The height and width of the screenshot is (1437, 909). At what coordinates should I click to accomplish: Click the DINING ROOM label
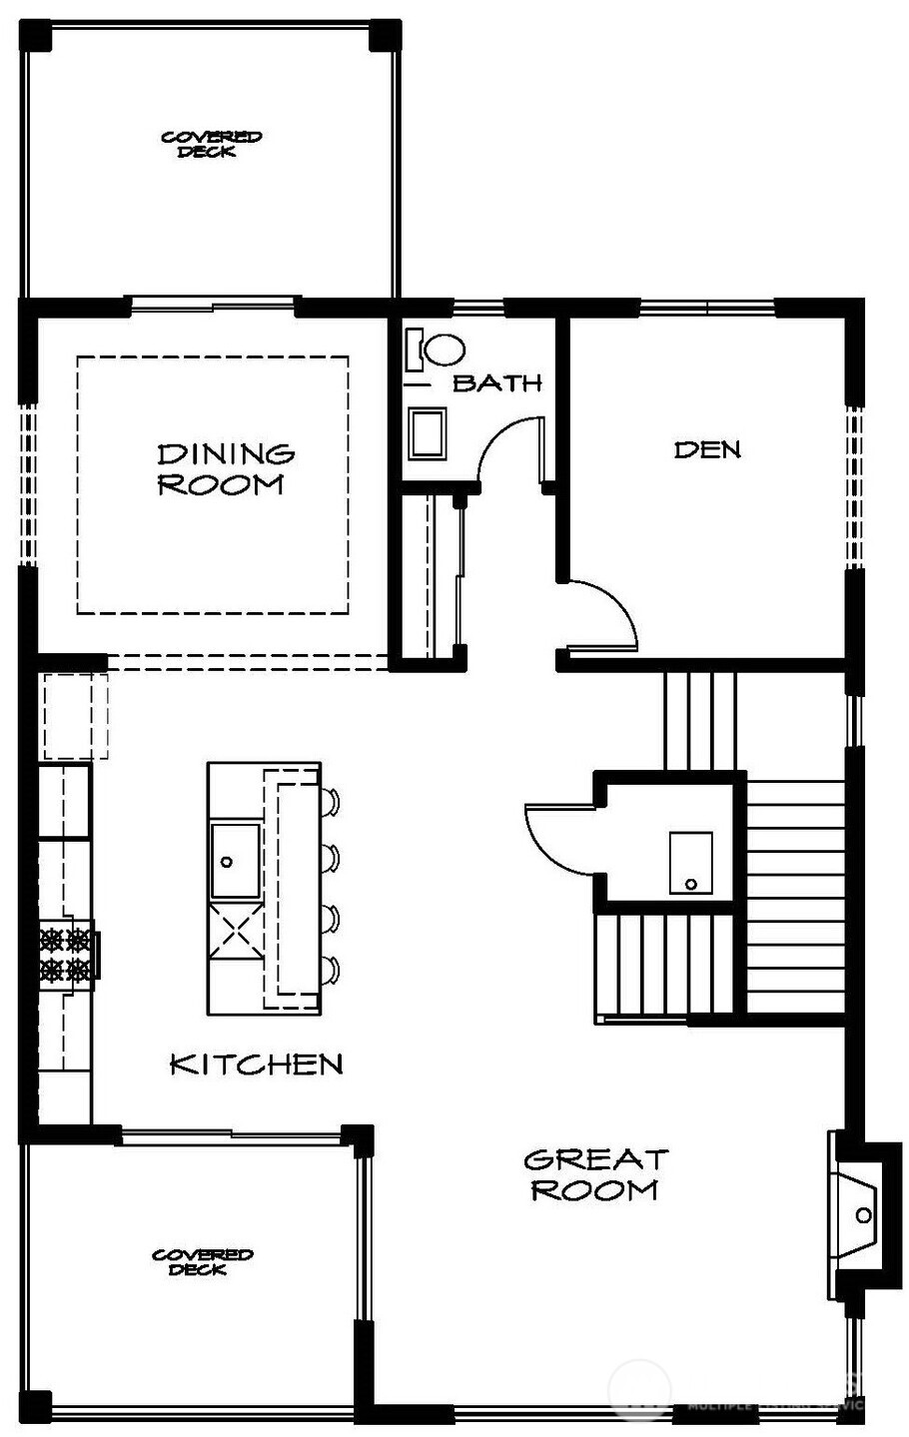[x=226, y=469]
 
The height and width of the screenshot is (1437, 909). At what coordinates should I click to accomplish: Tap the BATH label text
[x=497, y=382]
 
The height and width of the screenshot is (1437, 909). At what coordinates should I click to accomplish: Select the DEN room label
[x=707, y=449]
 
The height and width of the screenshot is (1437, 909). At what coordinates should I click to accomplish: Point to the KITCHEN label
[x=257, y=1064]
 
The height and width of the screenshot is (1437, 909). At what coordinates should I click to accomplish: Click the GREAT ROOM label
[x=595, y=1174]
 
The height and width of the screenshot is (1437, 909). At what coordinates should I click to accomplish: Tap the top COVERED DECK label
[x=211, y=144]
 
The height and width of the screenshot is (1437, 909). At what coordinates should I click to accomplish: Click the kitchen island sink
[x=235, y=860]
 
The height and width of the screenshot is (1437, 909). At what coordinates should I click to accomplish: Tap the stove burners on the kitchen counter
[x=67, y=954]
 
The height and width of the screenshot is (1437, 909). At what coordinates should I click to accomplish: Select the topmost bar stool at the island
[x=331, y=800]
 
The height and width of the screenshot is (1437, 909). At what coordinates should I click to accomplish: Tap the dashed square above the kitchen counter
[x=75, y=716]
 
